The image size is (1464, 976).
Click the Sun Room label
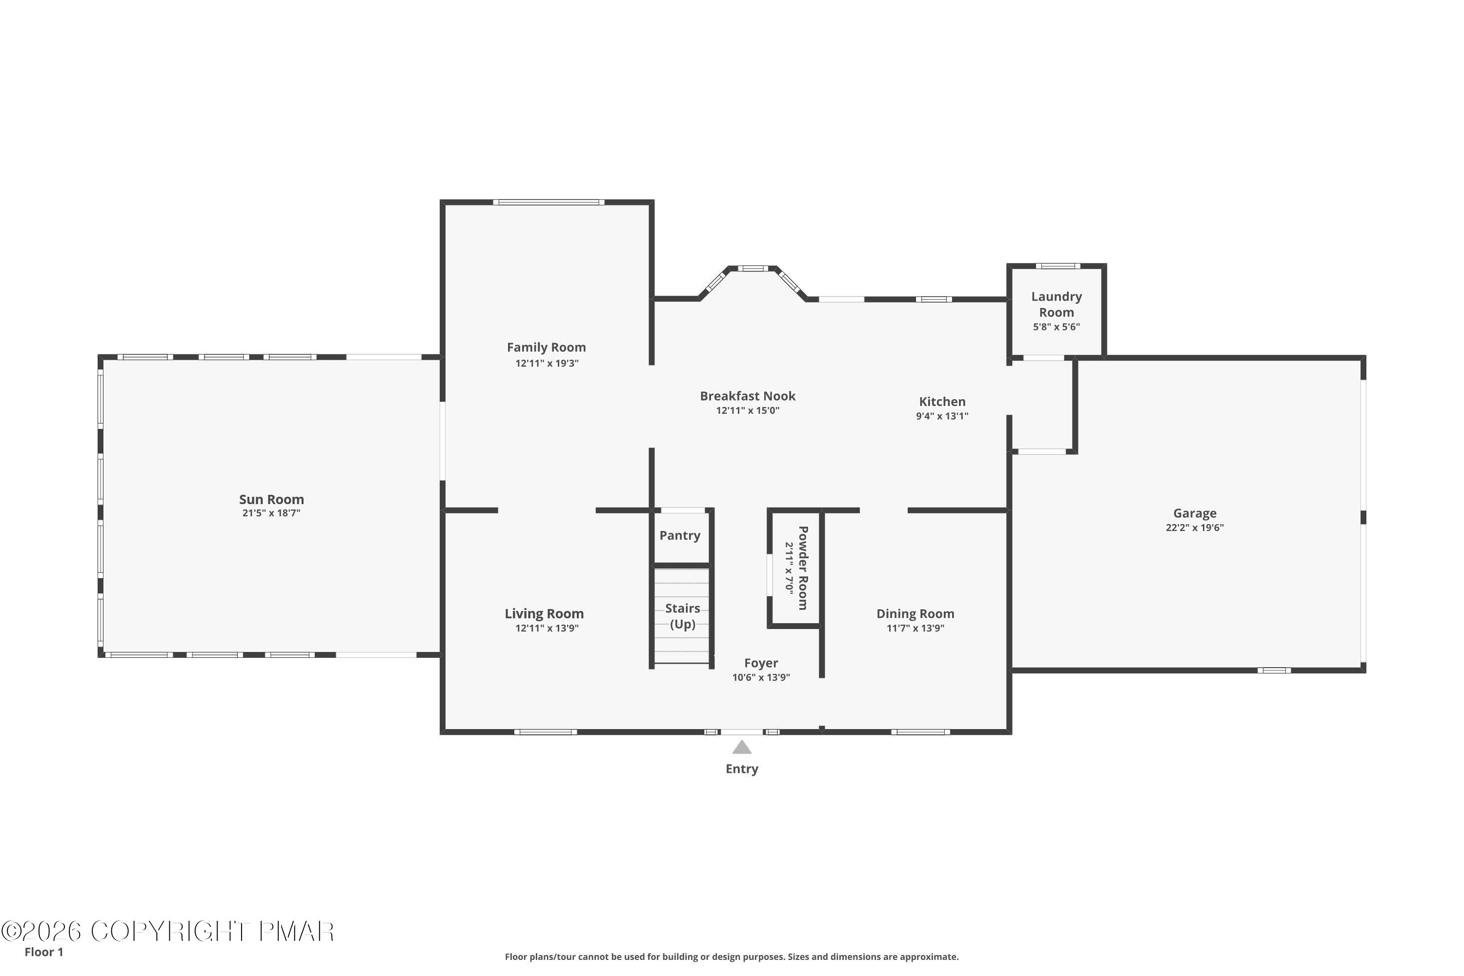tap(271, 499)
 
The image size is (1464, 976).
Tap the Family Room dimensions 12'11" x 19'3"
tap(547, 363)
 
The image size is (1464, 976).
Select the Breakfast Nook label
tap(747, 396)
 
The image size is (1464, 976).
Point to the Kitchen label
tap(942, 402)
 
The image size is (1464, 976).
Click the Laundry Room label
tap(1057, 305)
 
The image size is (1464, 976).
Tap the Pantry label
tap(680, 535)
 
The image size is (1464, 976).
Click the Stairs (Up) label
tap(682, 615)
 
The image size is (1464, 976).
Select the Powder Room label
tap(803, 568)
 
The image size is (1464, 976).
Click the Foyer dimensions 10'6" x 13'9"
tap(761, 677)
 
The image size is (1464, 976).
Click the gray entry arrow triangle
tap(741, 747)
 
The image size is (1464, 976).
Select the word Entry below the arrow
tap(741, 769)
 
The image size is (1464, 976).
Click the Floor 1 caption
tap(43, 952)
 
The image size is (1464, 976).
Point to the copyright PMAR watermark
tap(168, 931)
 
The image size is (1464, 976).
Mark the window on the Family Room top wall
tap(549, 203)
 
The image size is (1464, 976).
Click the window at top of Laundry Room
tap(1057, 266)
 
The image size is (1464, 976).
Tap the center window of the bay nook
tap(752, 268)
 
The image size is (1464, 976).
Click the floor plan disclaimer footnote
tap(732, 956)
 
